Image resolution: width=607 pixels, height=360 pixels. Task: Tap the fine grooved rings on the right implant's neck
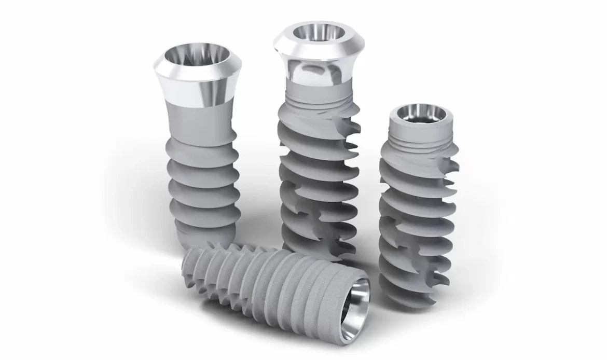tap(423, 139)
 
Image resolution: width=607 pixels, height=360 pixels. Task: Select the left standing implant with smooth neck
tap(199, 145)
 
